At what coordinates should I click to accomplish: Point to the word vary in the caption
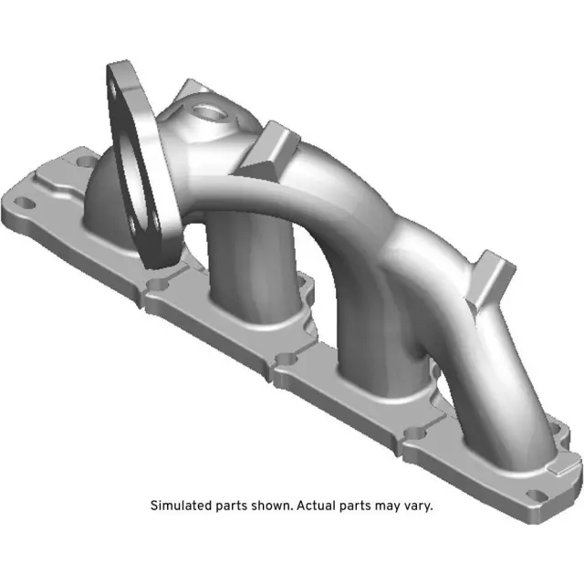(417, 505)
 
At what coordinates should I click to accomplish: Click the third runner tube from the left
(365, 338)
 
